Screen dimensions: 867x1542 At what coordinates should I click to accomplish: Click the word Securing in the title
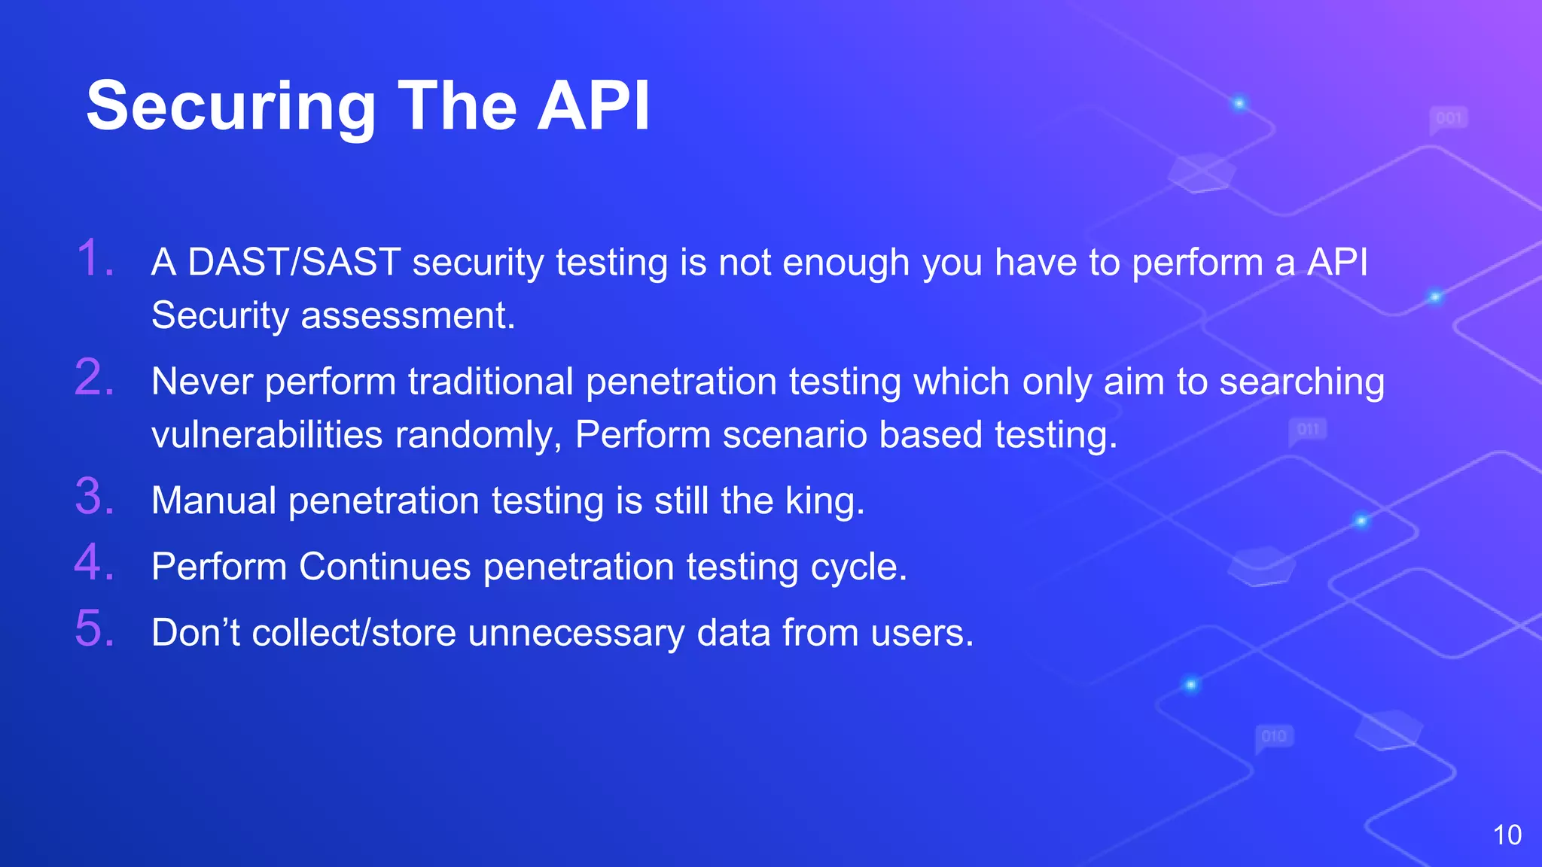coord(230,108)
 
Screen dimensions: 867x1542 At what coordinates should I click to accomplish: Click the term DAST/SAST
coord(294,263)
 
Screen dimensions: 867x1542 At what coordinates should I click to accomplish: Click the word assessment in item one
coord(407,315)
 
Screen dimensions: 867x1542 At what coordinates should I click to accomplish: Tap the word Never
coord(202,382)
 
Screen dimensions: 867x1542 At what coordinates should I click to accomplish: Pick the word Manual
coord(214,501)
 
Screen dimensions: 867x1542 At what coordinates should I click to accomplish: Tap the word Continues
coord(385,567)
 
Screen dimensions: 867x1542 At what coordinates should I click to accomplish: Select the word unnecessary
coord(576,633)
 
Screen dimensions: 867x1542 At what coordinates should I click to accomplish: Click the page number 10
coord(1507,835)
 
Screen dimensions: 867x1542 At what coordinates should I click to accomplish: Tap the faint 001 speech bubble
coord(1448,119)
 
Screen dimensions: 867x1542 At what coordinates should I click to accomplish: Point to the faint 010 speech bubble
coord(1274,737)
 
